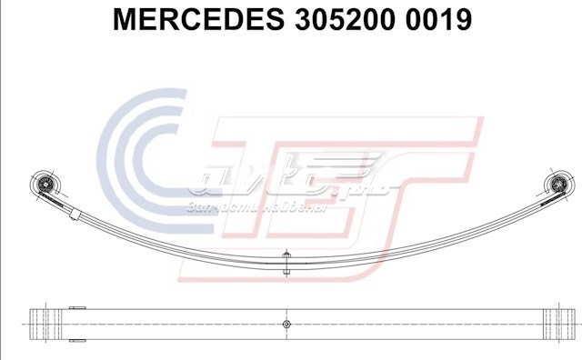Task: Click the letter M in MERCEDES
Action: [125, 20]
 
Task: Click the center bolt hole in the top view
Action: [286, 324]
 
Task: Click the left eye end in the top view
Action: [41, 324]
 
